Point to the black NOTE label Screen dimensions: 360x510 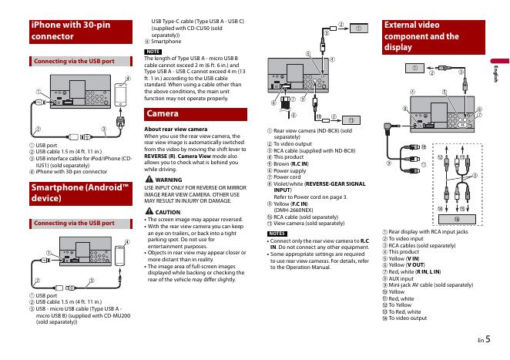(x=153, y=51)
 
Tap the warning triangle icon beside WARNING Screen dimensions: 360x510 (x=149, y=180)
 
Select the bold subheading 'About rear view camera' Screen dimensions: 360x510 (x=176, y=129)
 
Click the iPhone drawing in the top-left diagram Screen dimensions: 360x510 (x=120, y=96)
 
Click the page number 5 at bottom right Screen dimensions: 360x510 (x=487, y=337)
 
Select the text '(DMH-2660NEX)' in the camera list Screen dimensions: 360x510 (x=292, y=208)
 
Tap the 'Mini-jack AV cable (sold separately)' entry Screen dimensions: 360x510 (x=431, y=285)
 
